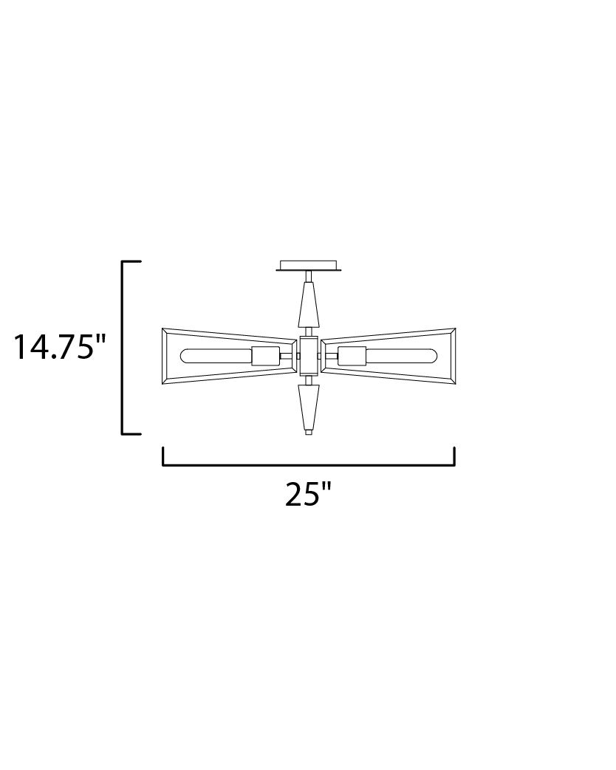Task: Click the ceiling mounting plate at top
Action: pyautogui.click(x=309, y=265)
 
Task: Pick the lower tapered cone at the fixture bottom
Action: pyautogui.click(x=308, y=407)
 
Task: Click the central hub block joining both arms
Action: pyautogui.click(x=308, y=356)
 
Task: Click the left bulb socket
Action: pyautogui.click(x=264, y=356)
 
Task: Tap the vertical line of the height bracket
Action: pyautogui.click(x=122, y=347)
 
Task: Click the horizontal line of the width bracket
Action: pyautogui.click(x=308, y=465)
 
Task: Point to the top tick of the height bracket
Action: pyautogui.click(x=131, y=261)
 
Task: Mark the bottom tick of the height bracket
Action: pyautogui.click(x=131, y=433)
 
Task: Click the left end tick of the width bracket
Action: pyautogui.click(x=162, y=456)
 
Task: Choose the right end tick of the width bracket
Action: pyautogui.click(x=454, y=456)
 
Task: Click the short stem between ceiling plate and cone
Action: pyautogui.click(x=308, y=277)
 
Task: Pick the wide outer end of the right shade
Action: pyautogui.click(x=449, y=356)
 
